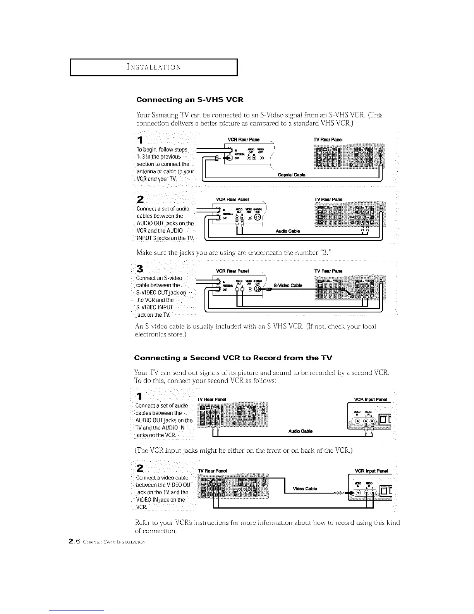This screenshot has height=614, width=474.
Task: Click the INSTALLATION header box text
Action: pos(153,67)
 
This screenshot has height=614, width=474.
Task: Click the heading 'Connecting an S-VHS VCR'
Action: pos(190,100)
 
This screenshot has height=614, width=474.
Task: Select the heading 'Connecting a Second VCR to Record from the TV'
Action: pos(233,357)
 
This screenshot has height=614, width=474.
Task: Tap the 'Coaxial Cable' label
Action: pos(292,175)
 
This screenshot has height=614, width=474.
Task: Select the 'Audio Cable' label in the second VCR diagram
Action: pos(301,431)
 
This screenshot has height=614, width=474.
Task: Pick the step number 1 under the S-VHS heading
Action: pos(141,140)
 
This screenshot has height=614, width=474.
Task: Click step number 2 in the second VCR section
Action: pos(141,467)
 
